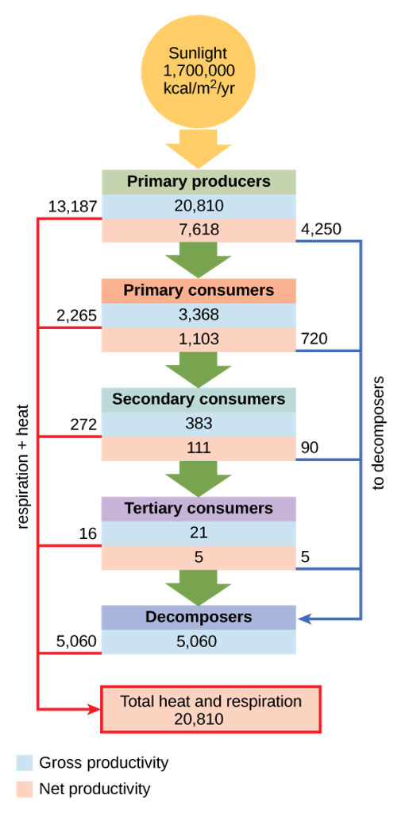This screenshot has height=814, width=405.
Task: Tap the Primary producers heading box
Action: point(199,182)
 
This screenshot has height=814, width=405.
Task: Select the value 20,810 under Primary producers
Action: point(199,206)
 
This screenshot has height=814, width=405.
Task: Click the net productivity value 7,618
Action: point(199,230)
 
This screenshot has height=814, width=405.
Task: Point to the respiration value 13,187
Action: point(72,207)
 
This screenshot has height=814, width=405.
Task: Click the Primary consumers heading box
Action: point(199,291)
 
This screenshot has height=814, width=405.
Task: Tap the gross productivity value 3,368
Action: point(199,316)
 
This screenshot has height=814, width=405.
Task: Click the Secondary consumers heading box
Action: point(199,400)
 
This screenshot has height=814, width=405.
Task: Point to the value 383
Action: point(199,424)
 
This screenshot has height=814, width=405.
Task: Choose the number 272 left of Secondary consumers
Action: point(83,425)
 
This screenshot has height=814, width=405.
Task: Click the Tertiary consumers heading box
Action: point(199,509)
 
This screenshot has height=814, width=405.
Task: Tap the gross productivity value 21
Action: point(199,533)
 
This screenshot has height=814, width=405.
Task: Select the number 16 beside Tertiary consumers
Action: point(88,534)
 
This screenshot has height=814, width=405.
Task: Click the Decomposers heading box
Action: point(199,618)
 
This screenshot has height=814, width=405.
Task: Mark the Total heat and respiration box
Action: point(210,710)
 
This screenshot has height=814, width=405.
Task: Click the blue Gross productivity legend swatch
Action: point(24,763)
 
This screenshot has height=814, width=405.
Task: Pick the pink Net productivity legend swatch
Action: point(24,789)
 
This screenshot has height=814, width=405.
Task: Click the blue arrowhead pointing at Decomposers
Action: point(305,618)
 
